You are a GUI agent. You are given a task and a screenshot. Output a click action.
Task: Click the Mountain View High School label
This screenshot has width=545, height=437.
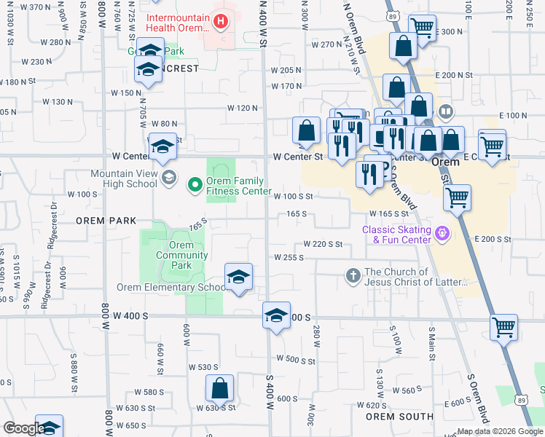[124, 178]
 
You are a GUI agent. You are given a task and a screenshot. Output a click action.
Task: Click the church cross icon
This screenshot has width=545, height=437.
[353, 275]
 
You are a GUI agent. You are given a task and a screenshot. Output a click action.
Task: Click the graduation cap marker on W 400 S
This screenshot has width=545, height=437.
[276, 316]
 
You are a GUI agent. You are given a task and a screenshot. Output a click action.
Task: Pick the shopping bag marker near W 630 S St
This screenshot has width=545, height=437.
[219, 389]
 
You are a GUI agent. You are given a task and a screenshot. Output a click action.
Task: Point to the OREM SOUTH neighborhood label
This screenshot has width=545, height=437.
[399, 417]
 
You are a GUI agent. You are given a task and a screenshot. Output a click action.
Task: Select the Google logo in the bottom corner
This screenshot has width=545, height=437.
[23, 428]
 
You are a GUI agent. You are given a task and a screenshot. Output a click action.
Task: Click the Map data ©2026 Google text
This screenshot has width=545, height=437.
[500, 431]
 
